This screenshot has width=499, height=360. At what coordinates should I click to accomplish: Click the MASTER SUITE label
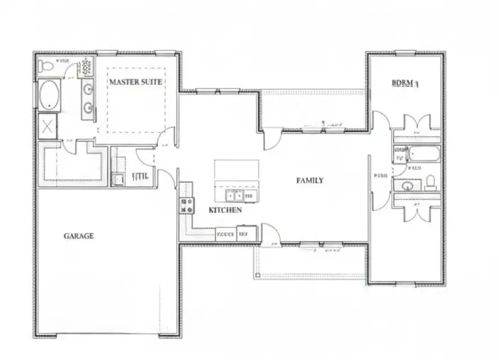click(x=135, y=81)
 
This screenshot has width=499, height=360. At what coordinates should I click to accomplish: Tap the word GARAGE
click(x=78, y=236)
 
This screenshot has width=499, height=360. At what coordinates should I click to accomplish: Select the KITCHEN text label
click(x=225, y=210)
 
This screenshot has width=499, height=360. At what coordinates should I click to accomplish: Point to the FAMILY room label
click(x=310, y=181)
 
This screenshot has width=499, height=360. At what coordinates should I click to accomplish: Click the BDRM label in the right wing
click(x=405, y=83)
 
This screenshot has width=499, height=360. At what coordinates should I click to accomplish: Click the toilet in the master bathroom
click(x=47, y=66)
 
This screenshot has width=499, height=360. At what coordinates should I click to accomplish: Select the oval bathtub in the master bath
click(x=50, y=95)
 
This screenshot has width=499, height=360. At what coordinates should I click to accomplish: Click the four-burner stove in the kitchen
click(x=188, y=206)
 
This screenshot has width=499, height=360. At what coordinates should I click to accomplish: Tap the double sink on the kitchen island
click(x=235, y=195)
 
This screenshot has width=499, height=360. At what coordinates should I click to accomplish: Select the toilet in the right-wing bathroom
click(x=430, y=184)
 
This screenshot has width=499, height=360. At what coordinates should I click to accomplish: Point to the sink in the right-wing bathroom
click(x=407, y=186)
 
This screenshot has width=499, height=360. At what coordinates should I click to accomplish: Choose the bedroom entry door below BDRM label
click(x=379, y=120)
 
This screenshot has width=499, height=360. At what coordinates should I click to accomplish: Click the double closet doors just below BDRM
click(x=415, y=122)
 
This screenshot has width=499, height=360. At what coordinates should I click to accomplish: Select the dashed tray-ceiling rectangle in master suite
click(x=136, y=100)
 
